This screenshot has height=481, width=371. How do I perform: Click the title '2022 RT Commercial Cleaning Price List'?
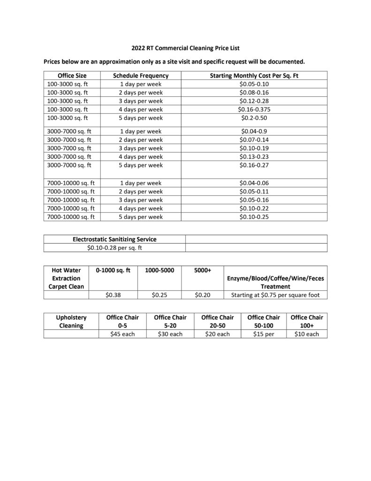(186, 48)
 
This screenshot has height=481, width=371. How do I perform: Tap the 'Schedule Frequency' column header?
(141, 75)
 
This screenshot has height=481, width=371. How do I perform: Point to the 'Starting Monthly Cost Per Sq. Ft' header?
(254, 75)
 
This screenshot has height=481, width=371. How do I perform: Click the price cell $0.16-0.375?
(254, 109)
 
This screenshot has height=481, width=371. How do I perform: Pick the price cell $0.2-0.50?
(254, 118)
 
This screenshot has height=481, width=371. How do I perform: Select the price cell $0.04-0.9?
(254, 132)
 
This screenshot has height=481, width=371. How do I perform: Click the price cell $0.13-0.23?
(254, 157)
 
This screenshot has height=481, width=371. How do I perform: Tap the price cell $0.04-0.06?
(254, 183)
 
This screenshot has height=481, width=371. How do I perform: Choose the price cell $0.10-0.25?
(254, 217)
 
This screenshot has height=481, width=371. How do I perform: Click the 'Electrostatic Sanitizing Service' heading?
(114, 239)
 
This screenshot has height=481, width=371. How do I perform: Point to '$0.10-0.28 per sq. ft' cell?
(114, 248)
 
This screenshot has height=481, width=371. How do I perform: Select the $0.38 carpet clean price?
(114, 295)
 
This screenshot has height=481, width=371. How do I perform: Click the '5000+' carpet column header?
(203, 270)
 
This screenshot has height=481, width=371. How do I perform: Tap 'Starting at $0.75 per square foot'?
(275, 295)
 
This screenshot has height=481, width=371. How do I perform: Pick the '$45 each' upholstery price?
(122, 334)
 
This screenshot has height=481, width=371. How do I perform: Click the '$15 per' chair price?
(264, 334)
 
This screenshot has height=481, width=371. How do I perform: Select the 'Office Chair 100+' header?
(306, 321)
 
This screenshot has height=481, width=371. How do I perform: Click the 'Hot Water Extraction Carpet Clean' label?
(66, 278)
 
